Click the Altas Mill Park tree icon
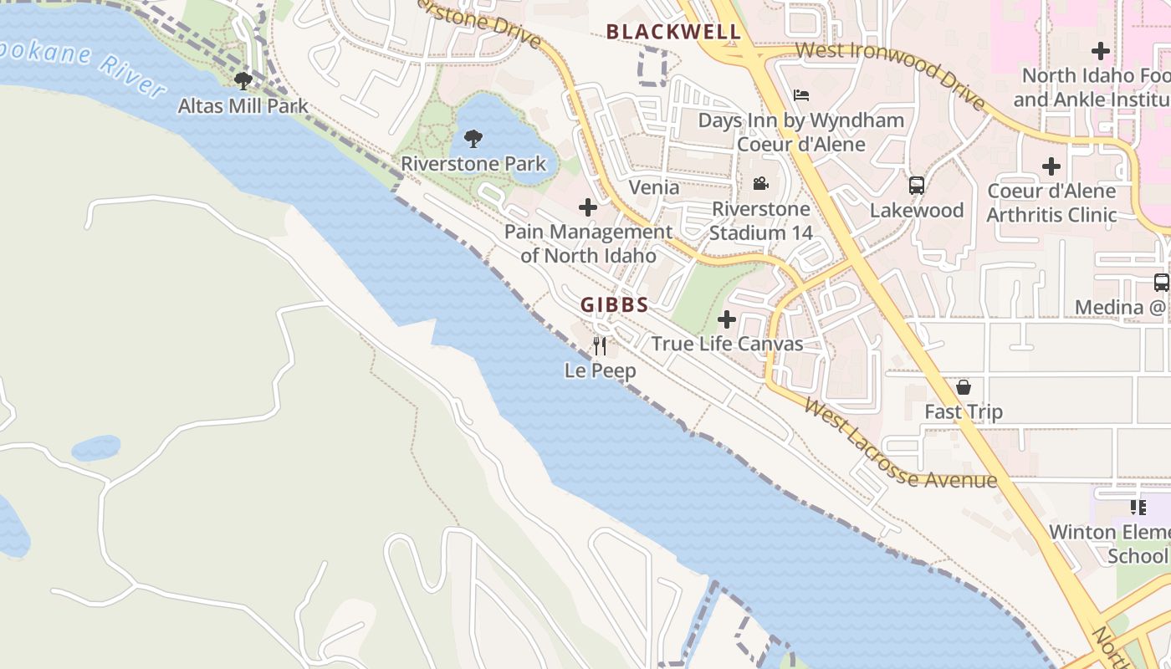click(x=243, y=81)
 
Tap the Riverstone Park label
click(x=473, y=163)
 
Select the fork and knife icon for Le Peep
click(x=600, y=345)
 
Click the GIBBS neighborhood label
click(x=615, y=305)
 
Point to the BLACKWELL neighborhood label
click(x=673, y=33)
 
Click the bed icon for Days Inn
click(x=800, y=95)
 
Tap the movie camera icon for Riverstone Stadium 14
click(x=760, y=184)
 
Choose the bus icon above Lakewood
click(x=917, y=186)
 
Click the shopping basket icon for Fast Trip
click(x=964, y=387)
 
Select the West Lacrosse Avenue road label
click(x=900, y=444)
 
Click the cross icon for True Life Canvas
click(x=727, y=319)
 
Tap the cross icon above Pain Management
click(x=588, y=207)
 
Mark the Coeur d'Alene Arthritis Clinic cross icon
click(x=1051, y=166)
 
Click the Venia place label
click(x=654, y=187)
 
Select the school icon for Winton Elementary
click(x=1138, y=507)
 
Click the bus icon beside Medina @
click(x=1161, y=283)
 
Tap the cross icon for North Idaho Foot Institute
click(x=1101, y=51)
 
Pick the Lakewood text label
click(x=917, y=210)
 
